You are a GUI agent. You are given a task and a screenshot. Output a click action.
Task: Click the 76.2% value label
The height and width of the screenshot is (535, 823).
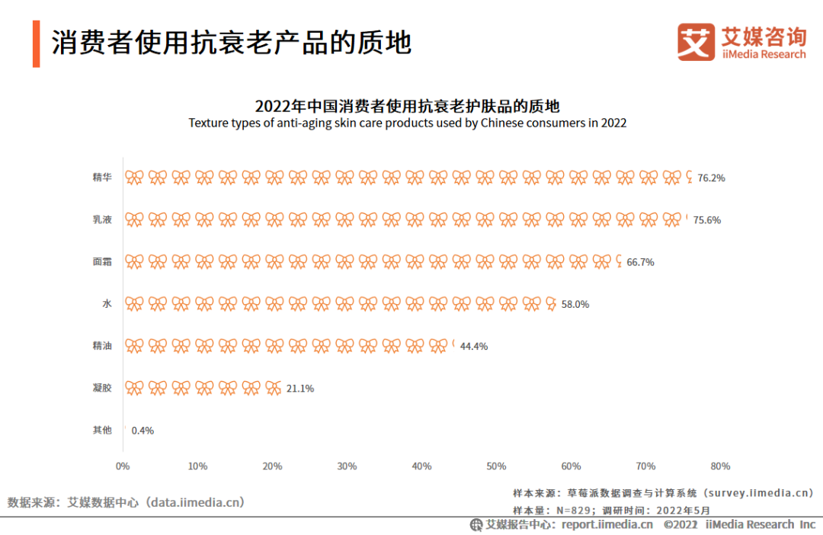point(711,178)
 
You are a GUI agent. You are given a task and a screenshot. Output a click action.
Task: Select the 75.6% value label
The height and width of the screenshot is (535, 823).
point(706,219)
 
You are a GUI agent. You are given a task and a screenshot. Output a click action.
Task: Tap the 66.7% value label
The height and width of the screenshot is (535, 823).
point(640,261)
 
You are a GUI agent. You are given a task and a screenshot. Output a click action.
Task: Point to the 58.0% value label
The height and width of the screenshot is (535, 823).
point(575,303)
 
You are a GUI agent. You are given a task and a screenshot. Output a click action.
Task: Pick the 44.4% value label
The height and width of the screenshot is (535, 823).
point(473,346)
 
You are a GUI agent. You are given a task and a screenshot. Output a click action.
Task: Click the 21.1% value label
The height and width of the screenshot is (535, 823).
point(299,388)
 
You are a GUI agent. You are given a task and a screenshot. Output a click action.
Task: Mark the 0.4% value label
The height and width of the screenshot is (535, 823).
point(143,430)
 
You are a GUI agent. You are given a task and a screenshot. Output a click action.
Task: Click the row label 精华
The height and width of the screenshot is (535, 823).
point(102,178)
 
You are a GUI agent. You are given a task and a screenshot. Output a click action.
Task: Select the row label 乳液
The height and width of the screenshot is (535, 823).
point(102,219)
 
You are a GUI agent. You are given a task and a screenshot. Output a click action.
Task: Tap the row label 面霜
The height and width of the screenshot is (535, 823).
point(102,261)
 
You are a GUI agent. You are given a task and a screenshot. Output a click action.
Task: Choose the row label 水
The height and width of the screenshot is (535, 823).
point(107,303)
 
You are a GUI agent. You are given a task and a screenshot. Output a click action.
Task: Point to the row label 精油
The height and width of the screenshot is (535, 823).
point(102,346)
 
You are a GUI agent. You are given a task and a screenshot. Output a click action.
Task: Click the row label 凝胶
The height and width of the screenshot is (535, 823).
point(102,388)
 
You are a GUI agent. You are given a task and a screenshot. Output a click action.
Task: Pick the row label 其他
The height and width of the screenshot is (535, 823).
point(102,430)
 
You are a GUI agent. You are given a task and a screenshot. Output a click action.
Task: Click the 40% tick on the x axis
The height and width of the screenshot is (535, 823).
point(421,466)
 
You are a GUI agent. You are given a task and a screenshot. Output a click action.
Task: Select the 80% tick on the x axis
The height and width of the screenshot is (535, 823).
point(720,466)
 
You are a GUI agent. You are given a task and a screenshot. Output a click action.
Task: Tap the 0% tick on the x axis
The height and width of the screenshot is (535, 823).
point(123,466)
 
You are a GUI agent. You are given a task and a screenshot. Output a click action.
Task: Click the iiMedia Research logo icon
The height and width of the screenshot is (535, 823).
point(697,43)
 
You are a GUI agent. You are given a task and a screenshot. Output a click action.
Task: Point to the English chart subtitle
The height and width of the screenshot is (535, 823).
point(408,123)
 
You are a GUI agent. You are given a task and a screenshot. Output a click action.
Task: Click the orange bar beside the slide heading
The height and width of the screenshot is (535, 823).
point(36,44)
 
